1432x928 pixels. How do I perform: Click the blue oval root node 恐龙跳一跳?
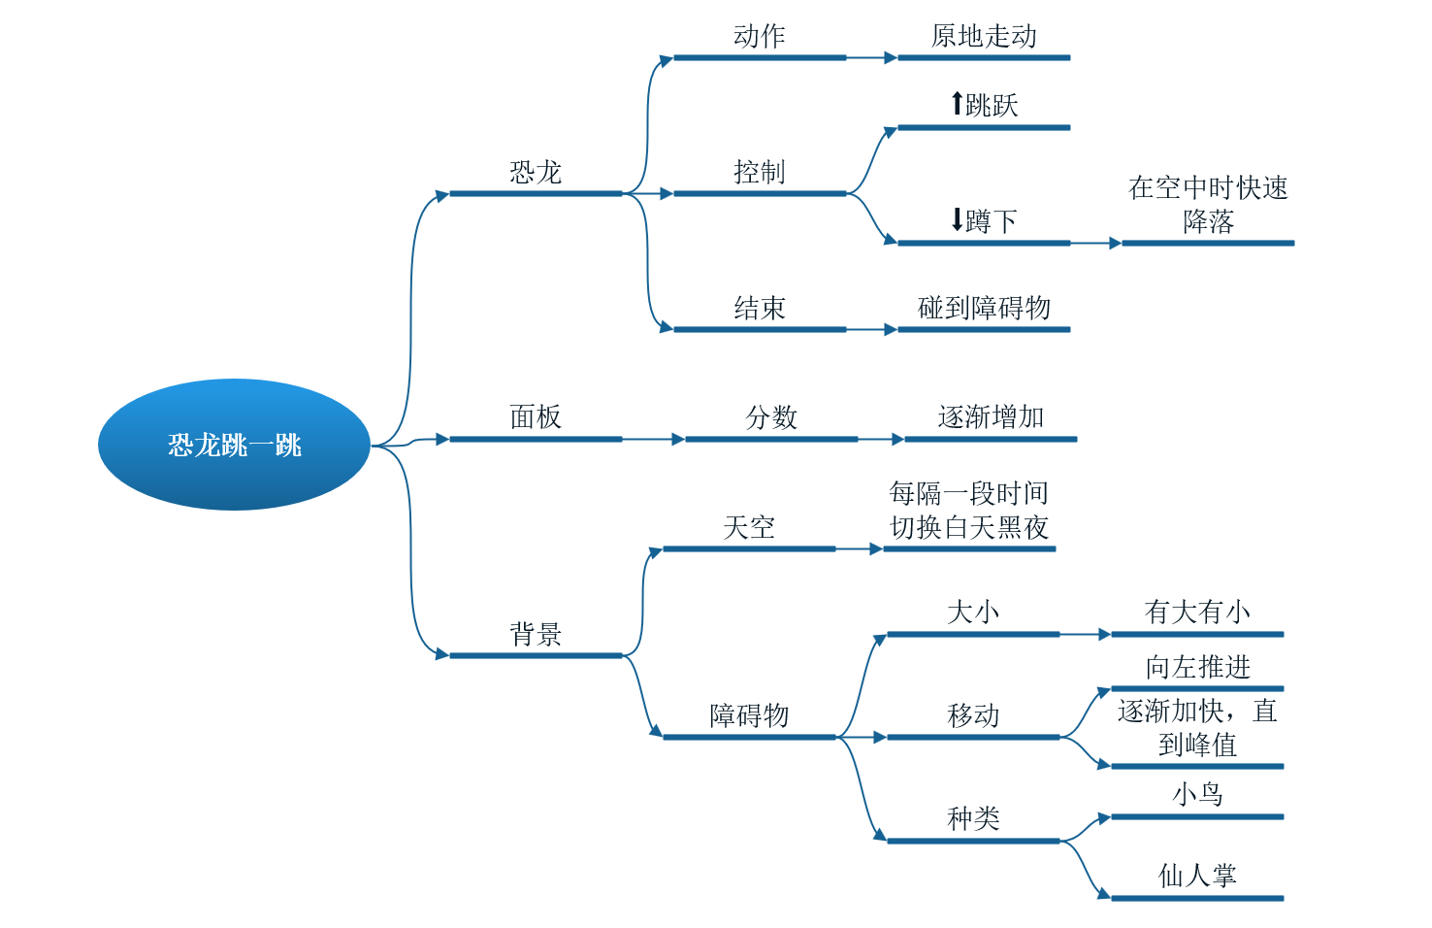pos(234,445)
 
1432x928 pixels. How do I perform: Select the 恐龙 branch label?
pos(536,172)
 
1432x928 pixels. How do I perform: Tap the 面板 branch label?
pos(536,417)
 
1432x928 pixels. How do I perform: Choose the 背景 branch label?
pos(536,634)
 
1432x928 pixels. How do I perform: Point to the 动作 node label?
pos(759,36)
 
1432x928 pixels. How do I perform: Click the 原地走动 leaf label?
pos(983,36)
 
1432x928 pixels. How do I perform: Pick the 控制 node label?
pos(759,172)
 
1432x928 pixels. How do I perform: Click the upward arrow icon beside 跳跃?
pos(957,104)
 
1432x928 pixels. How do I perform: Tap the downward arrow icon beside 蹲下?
pos(957,220)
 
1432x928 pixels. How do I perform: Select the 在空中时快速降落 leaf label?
pos(1208,204)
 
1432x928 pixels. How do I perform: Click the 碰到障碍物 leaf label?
pos(983,308)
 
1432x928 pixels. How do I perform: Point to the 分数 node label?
pos(771,417)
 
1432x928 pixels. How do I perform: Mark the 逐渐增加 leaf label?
pos(991,417)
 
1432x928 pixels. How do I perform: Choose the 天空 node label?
pos(749,527)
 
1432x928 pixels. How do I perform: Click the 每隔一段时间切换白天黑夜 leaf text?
pos(968,511)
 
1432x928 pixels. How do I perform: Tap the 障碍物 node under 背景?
pos(749,715)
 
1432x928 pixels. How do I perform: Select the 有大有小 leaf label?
pos(1197,613)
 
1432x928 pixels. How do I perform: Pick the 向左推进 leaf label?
pos(1197,667)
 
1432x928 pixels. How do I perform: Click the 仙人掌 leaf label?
pos(1197,876)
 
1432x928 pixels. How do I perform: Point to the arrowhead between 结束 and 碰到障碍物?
pos(891,330)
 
